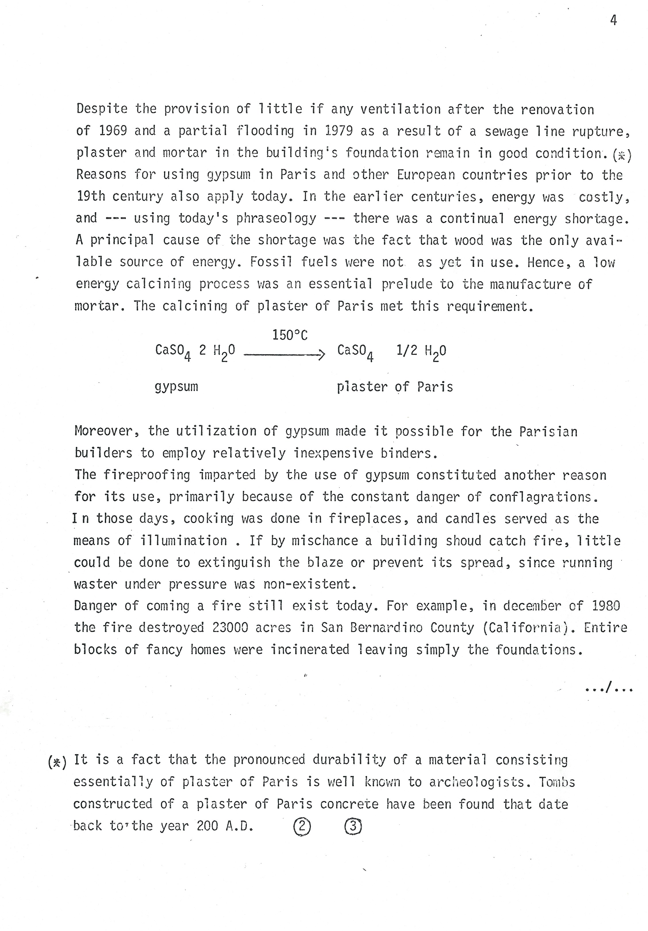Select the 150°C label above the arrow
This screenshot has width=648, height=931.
click(290, 335)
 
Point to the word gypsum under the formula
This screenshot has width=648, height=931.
click(176, 387)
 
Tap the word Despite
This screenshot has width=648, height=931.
click(102, 109)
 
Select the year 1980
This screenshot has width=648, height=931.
click(606, 606)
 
